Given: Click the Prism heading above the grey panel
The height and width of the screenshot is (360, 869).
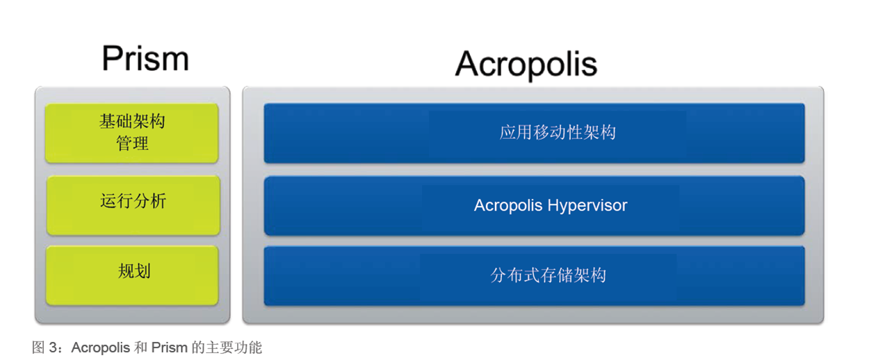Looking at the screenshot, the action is point(145,58).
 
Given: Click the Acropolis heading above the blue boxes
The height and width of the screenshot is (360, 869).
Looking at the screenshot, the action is point(526,65).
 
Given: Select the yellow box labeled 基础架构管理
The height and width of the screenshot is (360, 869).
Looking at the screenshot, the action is point(132,133).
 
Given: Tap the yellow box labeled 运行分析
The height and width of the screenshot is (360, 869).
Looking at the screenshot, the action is point(133,205).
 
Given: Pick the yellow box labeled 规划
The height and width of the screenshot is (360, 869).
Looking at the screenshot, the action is point(132,275).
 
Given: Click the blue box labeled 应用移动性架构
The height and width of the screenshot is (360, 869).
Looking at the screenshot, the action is point(534,133).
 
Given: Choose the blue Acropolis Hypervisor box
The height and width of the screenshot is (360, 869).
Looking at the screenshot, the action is point(534,206).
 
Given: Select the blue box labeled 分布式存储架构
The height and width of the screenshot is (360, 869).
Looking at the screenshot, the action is point(534,276).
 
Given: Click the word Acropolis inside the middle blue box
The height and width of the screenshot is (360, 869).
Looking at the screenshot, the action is point(507,206).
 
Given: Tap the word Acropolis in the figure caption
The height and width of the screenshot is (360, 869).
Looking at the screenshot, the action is point(101,347).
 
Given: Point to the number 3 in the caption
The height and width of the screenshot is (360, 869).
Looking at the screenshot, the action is point(53,347).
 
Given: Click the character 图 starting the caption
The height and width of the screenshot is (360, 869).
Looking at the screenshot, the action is point(38,347).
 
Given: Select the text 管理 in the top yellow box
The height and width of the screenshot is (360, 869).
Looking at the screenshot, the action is point(132,143).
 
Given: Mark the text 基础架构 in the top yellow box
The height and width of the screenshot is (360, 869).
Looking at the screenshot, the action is point(132,122).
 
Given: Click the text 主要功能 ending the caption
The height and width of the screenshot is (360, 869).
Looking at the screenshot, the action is point(234,347).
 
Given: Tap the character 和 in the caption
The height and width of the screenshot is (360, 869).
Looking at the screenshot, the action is point(141,347).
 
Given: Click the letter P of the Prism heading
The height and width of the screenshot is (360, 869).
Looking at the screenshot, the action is point(112,58).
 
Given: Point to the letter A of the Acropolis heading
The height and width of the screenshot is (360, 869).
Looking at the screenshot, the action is point(469,64).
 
